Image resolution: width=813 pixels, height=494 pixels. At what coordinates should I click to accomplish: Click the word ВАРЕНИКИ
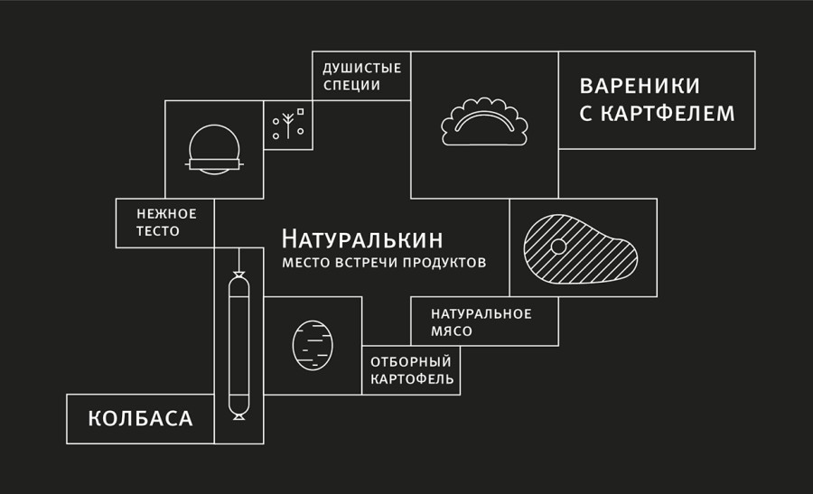tap(640, 86)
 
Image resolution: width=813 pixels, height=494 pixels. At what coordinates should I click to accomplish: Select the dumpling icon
tap(484, 123)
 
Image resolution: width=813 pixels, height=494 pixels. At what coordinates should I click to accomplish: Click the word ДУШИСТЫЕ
tap(361, 68)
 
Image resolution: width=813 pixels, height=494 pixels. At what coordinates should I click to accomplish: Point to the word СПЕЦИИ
tap(351, 86)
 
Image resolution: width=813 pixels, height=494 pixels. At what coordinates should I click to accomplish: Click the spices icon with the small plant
tap(288, 125)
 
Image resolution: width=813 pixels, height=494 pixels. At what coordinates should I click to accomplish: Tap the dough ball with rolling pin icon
tap(214, 149)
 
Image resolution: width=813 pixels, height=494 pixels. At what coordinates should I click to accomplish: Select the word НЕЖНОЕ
tap(166, 214)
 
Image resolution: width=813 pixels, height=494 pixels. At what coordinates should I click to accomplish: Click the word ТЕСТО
tap(158, 231)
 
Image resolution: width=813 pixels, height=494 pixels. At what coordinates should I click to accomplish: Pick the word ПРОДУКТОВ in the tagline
tap(444, 263)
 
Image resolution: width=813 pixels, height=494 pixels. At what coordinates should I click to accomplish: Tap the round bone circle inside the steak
tap(559, 246)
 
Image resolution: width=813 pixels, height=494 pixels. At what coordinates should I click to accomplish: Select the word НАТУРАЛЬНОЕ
tap(481, 313)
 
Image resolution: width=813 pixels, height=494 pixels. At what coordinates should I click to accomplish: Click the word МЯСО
tap(452, 331)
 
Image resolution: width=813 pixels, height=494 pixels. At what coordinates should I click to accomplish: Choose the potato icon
tap(313, 345)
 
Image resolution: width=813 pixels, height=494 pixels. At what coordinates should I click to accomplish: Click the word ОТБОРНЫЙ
tap(411, 361)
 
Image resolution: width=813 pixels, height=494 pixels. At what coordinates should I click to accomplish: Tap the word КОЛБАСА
tap(140, 419)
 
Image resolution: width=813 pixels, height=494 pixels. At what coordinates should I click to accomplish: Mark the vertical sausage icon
tap(238, 344)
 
